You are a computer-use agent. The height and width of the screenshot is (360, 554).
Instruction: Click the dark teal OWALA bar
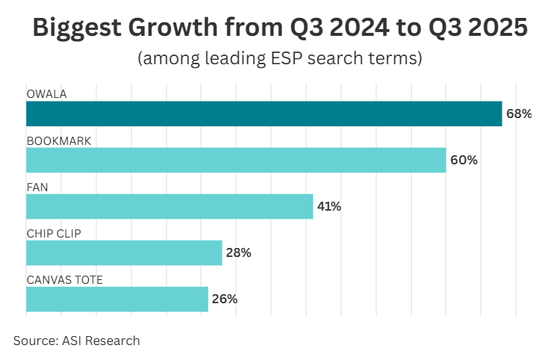[264, 114]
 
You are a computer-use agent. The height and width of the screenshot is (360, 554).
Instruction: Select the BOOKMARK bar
[236, 160]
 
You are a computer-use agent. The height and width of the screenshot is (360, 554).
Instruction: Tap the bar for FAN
[169, 206]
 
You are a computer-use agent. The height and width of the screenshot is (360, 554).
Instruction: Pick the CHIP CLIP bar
[124, 252]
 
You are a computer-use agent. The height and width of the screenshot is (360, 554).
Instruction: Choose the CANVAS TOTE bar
[117, 299]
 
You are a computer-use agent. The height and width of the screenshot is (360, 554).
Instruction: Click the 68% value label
[519, 114]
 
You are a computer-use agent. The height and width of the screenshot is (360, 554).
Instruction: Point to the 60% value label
[464, 161]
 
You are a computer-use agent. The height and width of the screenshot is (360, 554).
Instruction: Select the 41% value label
[329, 207]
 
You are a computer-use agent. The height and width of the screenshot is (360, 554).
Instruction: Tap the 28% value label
[239, 253]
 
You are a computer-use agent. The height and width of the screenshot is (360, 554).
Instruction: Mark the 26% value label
[225, 300]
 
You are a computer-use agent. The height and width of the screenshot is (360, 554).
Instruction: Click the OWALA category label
[46, 94]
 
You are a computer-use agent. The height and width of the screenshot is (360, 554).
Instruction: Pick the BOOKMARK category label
[58, 140]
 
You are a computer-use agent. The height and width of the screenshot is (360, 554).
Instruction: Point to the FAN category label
[37, 187]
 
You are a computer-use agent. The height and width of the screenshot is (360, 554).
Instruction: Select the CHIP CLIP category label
[54, 233]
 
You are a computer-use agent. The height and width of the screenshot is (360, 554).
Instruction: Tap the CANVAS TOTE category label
[64, 279]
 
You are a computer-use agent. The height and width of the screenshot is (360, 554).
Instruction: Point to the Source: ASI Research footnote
[76, 341]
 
